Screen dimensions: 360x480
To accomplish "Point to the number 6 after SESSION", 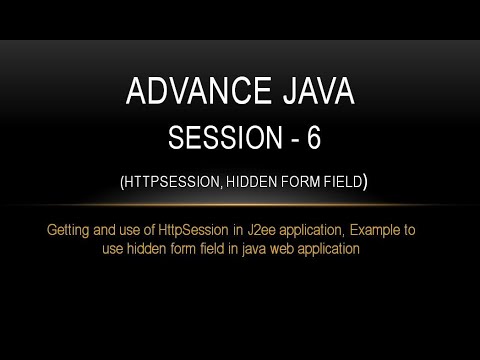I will [314, 139].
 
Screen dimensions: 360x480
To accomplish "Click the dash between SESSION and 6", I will [289, 140].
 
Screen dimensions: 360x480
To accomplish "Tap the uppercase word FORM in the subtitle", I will [295, 183].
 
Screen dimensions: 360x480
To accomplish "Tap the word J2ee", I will [260, 231].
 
